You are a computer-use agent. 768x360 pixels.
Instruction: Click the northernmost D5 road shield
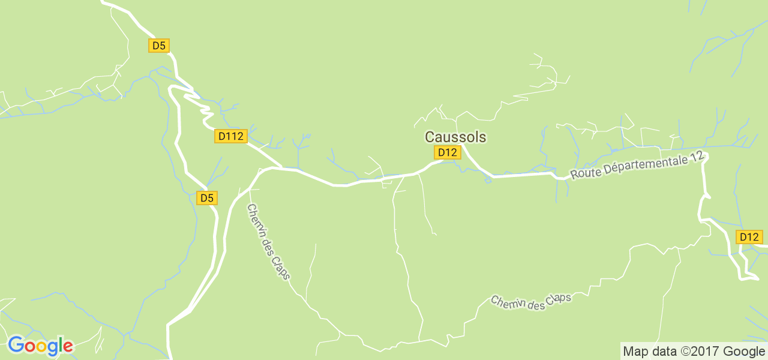coord(159,46)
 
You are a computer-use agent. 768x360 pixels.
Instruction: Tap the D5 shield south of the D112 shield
coord(207,198)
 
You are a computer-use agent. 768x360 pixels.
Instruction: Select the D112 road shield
coord(231,136)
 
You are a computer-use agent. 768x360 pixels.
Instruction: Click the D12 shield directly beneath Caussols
coord(447,152)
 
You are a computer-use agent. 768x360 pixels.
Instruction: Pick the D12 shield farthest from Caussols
coord(749,237)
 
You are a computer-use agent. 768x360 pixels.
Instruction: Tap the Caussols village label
coord(455,137)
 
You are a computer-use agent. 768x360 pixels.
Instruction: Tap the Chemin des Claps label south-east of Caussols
coord(530,302)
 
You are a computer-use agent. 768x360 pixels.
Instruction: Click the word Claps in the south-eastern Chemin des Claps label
coord(558,299)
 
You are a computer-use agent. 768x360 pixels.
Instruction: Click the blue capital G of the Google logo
coord(16,346)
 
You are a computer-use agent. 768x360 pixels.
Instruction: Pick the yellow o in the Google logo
coord(41,347)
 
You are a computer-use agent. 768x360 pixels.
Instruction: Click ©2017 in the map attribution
coord(701,352)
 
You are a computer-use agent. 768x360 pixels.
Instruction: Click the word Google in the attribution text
coord(744,352)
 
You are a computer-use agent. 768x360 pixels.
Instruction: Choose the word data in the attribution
coord(663,352)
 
